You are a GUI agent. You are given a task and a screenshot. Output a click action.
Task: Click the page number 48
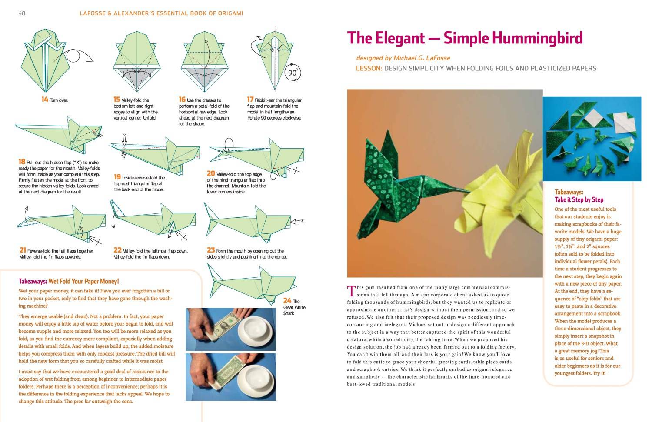click(x=22, y=13)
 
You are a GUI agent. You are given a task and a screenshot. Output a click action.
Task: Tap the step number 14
click(x=45, y=100)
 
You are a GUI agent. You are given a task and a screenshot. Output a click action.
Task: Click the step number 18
click(x=22, y=162)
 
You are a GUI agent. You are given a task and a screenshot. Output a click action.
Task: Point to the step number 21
click(x=23, y=250)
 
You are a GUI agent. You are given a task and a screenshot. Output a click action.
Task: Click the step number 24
click(x=287, y=300)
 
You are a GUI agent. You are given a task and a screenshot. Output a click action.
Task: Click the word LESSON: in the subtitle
click(x=369, y=68)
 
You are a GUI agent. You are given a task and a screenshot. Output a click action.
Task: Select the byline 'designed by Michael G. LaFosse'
click(x=403, y=58)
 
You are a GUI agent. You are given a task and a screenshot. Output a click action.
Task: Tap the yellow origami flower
click(x=509, y=191)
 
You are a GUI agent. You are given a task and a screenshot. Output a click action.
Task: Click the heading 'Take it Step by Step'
click(x=579, y=199)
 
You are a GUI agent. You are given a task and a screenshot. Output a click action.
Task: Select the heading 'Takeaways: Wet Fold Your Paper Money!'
click(x=69, y=281)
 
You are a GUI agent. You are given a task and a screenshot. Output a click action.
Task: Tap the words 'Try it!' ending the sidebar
click(x=599, y=373)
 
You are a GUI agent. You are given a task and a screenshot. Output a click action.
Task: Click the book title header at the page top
click(x=161, y=13)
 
